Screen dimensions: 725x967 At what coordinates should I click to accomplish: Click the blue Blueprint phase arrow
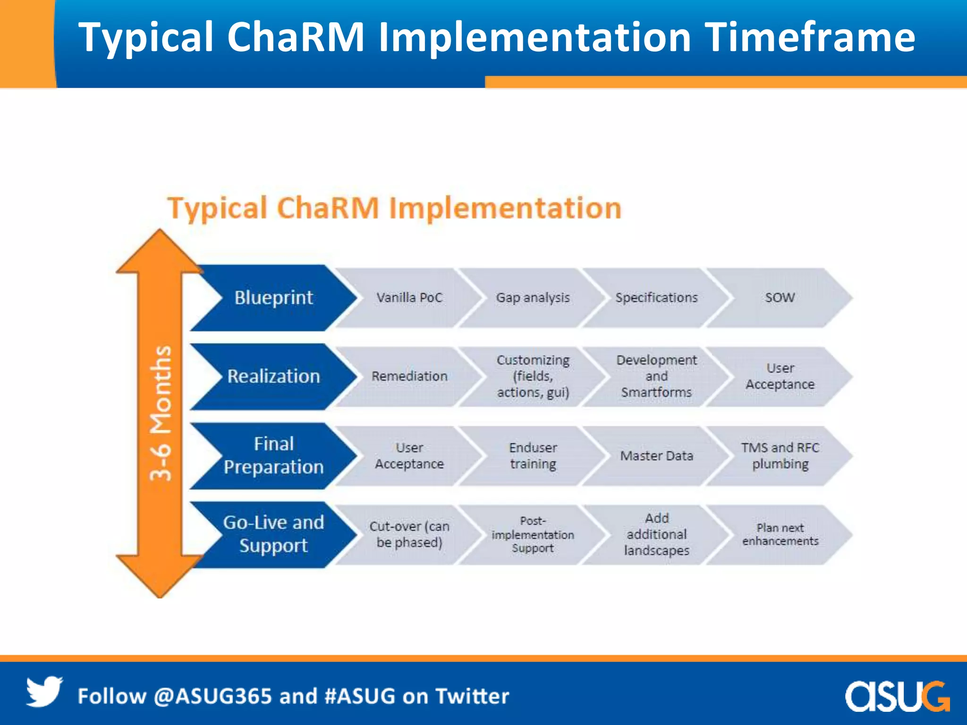point(273,298)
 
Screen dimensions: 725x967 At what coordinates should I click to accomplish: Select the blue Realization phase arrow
point(273,377)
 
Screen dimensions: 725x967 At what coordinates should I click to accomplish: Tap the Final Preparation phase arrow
point(273,455)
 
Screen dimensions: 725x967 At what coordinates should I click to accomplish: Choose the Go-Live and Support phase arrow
point(273,534)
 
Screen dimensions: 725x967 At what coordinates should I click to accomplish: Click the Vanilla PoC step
point(409,298)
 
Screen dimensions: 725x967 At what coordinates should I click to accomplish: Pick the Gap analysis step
point(533,298)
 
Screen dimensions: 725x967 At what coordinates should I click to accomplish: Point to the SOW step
point(780,298)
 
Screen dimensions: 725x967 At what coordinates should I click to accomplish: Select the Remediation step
point(409,377)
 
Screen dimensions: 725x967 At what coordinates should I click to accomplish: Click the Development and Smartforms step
point(656,377)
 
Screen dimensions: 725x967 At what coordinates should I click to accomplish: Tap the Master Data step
point(656,456)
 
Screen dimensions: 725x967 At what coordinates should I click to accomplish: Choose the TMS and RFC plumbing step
point(780,456)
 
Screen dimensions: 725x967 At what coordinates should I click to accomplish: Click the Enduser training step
point(533,456)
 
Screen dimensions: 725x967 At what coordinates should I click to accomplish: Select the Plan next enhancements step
point(780,534)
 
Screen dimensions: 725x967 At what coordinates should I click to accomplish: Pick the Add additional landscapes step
point(656,534)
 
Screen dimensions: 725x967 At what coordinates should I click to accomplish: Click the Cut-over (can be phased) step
point(409,534)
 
